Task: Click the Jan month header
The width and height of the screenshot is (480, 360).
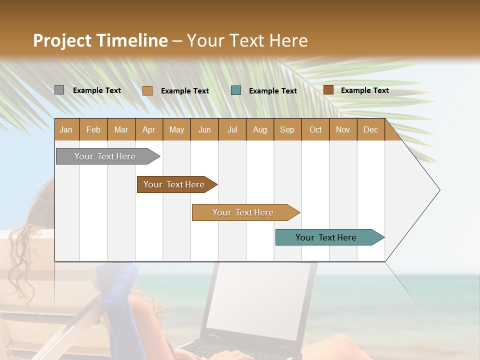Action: click(66, 129)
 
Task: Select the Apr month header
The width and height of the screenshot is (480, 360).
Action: click(148, 129)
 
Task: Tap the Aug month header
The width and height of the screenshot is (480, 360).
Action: click(259, 129)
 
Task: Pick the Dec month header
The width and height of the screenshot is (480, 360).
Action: click(370, 129)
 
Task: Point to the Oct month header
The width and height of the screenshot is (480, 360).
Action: click(315, 129)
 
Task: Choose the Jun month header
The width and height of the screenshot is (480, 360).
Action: click(204, 129)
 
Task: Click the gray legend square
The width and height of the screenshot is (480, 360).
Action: click(59, 90)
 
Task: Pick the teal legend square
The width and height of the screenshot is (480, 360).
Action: click(236, 90)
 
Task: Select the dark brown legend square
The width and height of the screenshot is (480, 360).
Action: click(328, 89)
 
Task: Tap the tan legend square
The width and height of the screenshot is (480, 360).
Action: click(147, 90)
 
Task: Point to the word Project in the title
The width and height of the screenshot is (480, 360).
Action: click(62, 40)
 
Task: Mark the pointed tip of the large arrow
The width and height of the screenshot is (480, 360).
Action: click(439, 190)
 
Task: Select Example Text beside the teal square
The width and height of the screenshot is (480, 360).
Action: click(272, 90)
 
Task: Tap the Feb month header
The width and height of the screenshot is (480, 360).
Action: click(93, 129)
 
